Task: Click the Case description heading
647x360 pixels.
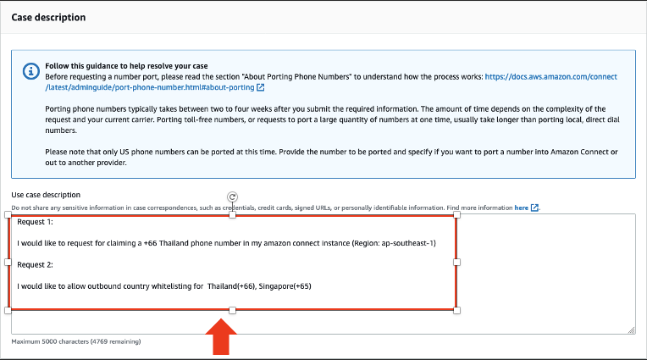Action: coord(48,18)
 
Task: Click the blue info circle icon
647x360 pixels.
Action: coord(30,71)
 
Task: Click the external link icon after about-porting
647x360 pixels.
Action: coord(260,87)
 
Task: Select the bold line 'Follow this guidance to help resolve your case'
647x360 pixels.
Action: coord(127,65)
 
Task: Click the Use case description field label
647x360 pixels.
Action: coord(46,195)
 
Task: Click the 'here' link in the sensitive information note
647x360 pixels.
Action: coord(521,207)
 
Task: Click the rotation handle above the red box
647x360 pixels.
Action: coord(232,197)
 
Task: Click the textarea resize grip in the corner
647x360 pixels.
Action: coord(631,330)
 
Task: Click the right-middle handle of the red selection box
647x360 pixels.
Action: coord(457,263)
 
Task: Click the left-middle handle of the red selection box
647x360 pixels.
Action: coord(8,263)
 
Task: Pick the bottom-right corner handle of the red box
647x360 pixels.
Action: coord(457,311)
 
